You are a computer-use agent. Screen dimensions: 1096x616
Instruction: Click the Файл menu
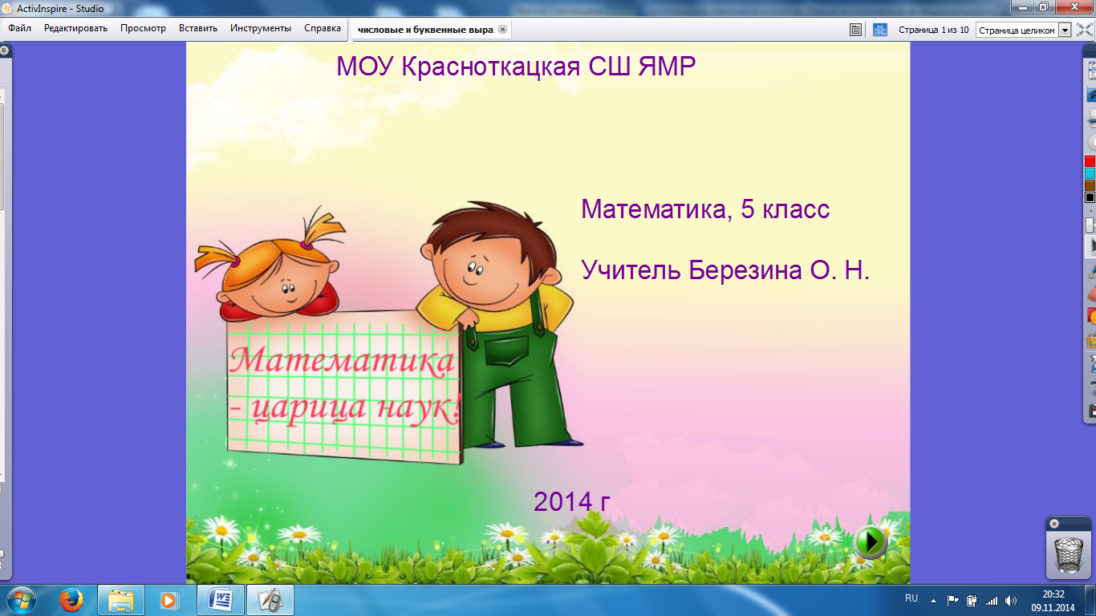[19, 28]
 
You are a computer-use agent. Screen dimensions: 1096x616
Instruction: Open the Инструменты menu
[260, 28]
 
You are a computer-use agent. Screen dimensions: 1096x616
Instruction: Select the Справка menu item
[323, 28]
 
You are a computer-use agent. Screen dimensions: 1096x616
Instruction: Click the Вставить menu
[197, 28]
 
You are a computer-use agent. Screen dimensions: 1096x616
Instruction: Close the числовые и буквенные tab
[502, 30]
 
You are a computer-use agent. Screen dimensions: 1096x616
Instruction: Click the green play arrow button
[871, 542]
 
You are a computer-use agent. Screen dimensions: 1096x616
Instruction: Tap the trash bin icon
[1069, 554]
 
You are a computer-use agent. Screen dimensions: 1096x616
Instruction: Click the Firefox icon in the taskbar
[71, 600]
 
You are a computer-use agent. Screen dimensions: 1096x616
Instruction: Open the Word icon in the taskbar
[220, 600]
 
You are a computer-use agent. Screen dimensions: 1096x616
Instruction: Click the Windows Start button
[22, 600]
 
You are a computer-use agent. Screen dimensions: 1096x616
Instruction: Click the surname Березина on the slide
[745, 270]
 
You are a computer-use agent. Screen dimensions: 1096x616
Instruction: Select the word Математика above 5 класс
[656, 209]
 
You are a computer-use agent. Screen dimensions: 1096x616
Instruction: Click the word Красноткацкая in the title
[491, 67]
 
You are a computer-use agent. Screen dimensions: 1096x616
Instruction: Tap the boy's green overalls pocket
[507, 350]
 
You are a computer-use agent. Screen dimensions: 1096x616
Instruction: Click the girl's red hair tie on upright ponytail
[307, 245]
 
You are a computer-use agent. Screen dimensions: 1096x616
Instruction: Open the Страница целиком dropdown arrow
[1065, 30]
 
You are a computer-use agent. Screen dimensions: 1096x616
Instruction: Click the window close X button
[1074, 7]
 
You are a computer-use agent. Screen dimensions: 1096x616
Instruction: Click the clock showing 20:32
[1053, 594]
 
